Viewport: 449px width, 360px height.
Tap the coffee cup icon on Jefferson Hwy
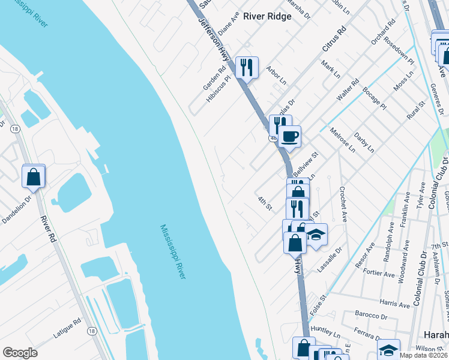tap(289, 136)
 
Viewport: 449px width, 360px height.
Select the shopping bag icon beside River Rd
tap(34, 177)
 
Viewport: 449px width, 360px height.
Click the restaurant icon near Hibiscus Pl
tap(247, 67)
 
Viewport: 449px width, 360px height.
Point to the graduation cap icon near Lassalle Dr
tap(316, 235)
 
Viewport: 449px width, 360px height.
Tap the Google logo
tap(20, 353)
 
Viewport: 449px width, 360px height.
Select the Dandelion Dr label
tap(14, 205)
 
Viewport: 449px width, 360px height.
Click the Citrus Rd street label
tap(334, 39)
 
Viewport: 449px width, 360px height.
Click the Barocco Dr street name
tap(370, 316)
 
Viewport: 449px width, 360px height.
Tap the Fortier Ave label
tap(379, 273)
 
